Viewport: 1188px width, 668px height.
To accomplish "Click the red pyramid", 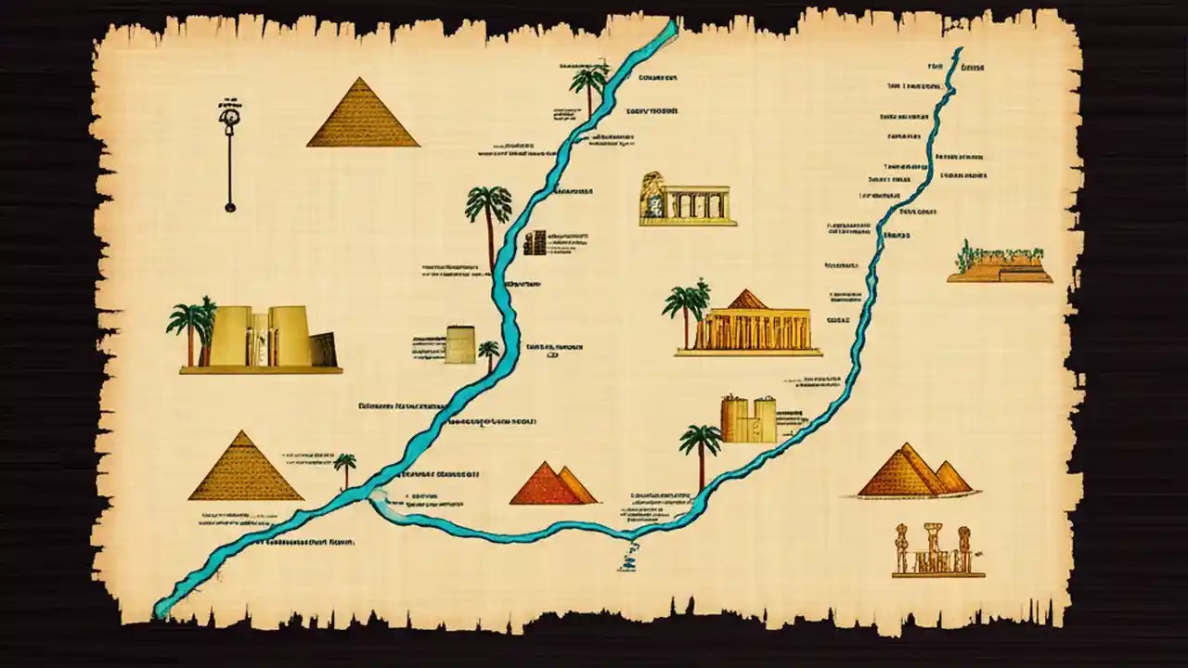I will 546,487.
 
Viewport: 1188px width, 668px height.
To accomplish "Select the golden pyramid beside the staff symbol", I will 363,115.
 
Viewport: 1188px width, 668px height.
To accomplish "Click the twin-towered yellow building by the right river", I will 748,419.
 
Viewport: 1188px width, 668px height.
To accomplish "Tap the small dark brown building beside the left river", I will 535,243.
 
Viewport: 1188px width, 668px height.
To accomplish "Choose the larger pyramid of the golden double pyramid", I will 899,472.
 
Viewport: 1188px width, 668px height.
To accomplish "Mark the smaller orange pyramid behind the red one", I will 578,487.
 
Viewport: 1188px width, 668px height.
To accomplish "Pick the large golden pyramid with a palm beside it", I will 245,469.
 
